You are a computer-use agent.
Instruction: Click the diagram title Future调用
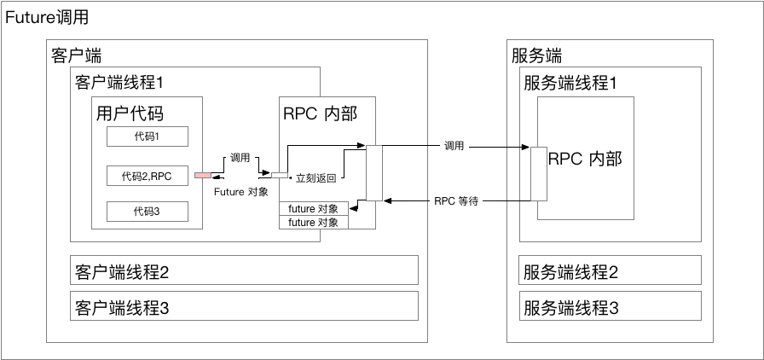pyautogui.click(x=47, y=17)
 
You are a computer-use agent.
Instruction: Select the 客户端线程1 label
pyautogui.click(x=119, y=83)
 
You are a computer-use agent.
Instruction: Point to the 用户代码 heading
pyautogui.click(x=130, y=113)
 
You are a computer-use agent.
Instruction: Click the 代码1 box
pyautogui.click(x=147, y=136)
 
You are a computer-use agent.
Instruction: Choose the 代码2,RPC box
pyautogui.click(x=147, y=177)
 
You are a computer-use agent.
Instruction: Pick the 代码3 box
pyautogui.click(x=147, y=212)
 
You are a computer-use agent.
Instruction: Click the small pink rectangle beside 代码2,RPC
pyautogui.click(x=202, y=177)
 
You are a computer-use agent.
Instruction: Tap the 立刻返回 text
pyautogui.click(x=315, y=179)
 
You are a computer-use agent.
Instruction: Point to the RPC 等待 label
pyautogui.click(x=455, y=201)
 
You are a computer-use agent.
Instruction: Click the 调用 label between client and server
pyautogui.click(x=454, y=146)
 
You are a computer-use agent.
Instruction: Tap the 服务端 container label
pyautogui.click(x=536, y=56)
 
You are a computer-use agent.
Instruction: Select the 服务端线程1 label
pyautogui.click(x=570, y=83)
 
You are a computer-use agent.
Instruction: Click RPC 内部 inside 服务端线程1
pyautogui.click(x=585, y=159)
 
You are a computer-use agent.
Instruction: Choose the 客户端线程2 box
pyautogui.click(x=244, y=271)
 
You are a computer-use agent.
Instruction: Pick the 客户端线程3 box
pyautogui.click(x=244, y=306)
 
